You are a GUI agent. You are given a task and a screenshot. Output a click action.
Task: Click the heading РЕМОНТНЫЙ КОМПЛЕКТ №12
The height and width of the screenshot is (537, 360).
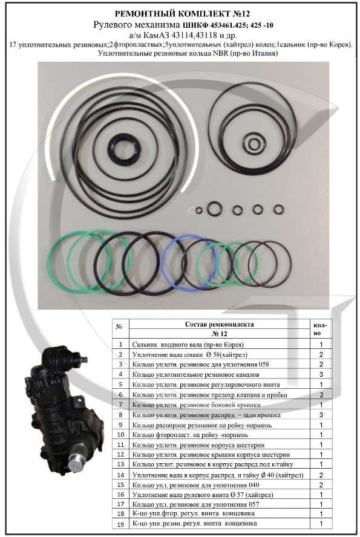coord(182,14)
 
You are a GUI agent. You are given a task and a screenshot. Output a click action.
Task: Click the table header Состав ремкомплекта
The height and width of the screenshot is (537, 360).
coord(219,324)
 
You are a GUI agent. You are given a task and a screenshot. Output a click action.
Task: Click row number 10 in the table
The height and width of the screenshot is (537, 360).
coord(120,435)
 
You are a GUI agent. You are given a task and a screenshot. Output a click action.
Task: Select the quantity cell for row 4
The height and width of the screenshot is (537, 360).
coord(321,374)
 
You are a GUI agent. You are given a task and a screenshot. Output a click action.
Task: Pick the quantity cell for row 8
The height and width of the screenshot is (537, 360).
coord(321,415)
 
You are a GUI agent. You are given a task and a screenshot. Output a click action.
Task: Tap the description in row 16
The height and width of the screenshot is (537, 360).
coord(203,495)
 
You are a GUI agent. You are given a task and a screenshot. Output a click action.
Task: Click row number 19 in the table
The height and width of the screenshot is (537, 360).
coord(120,523)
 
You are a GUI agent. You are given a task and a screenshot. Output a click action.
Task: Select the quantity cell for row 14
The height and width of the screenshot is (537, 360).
coord(321,475)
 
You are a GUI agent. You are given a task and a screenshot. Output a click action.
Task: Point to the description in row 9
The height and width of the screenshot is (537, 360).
coord(202,425)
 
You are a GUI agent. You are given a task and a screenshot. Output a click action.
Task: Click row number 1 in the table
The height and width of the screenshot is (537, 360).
coord(120,345)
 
